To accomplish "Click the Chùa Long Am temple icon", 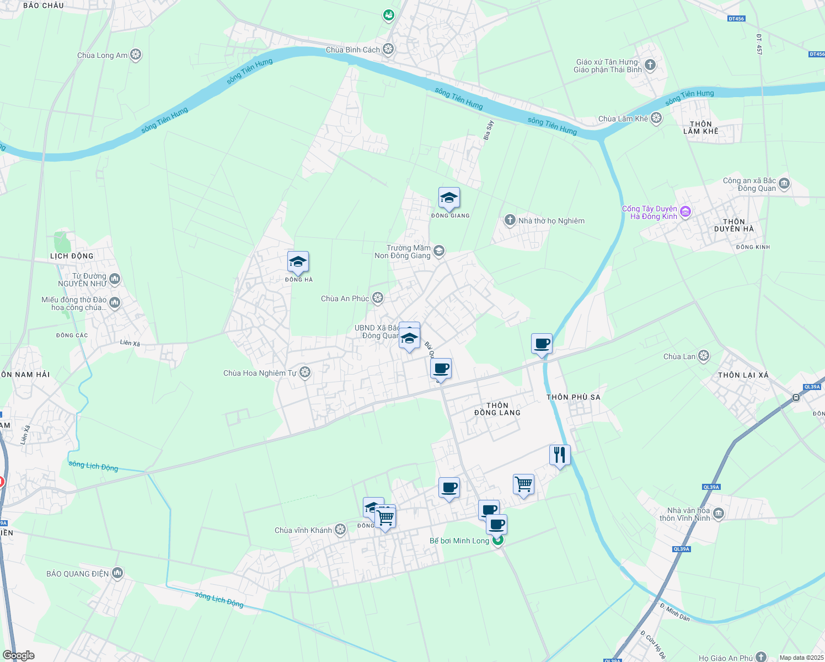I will (x=136, y=55).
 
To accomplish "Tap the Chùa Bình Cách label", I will (x=353, y=50).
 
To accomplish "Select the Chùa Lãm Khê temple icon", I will (x=656, y=118).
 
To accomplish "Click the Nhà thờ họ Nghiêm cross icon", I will (x=510, y=221).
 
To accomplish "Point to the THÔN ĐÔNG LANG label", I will (x=497, y=409).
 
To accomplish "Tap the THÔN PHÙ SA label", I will (x=574, y=397).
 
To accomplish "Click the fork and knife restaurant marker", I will (x=560, y=455).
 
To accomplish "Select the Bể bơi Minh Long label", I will (x=459, y=541).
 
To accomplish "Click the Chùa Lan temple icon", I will (x=704, y=356).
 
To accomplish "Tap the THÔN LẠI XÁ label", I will (x=743, y=375).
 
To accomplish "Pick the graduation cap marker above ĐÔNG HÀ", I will (x=298, y=262).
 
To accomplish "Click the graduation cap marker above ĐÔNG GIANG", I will (x=449, y=198).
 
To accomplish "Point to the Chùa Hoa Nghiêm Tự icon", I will (x=305, y=373).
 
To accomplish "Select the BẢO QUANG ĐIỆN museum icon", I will (x=117, y=573).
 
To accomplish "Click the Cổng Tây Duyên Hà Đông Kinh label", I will (x=650, y=212).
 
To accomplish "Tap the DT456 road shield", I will (x=736, y=19).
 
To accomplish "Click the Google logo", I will (x=19, y=655).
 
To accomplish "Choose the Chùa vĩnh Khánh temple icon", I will (x=340, y=530).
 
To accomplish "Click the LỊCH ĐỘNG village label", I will (x=72, y=256).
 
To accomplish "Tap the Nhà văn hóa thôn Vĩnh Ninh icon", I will (x=718, y=514).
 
